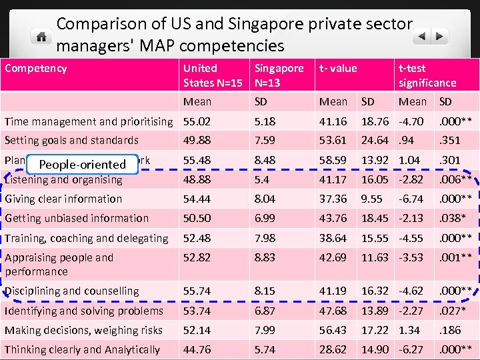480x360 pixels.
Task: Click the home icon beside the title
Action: click(41, 36)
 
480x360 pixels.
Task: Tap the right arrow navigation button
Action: click(439, 36)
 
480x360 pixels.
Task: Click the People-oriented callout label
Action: click(82, 164)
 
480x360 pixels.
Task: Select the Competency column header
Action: click(35, 68)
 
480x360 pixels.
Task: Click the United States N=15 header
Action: click(213, 75)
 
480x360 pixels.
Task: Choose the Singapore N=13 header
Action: click(279, 75)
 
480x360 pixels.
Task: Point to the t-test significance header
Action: click(427, 75)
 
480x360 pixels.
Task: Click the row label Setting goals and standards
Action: click(71, 140)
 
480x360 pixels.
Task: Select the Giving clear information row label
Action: click(63, 199)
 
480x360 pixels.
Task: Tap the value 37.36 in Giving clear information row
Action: click(333, 199)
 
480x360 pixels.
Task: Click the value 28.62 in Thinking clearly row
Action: click(333, 349)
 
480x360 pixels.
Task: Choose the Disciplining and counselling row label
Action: click(72, 291)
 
